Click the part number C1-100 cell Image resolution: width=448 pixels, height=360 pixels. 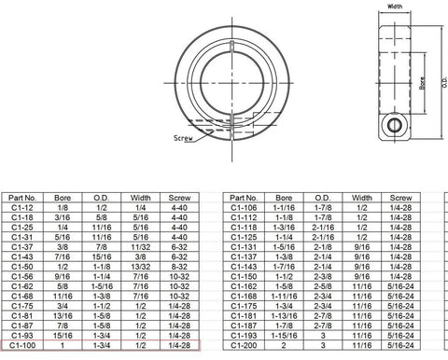(22, 346)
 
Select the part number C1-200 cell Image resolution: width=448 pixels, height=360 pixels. (245, 346)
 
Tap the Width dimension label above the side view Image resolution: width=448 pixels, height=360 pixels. (394, 6)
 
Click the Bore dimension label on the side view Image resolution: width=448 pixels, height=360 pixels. (422, 86)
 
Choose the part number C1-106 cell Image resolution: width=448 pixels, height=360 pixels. (245, 208)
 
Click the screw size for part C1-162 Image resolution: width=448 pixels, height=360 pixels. (400, 286)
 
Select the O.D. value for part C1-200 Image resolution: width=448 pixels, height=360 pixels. (322, 346)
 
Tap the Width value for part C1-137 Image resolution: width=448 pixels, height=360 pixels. (361, 256)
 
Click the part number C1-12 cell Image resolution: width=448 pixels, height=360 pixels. (22, 208)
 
